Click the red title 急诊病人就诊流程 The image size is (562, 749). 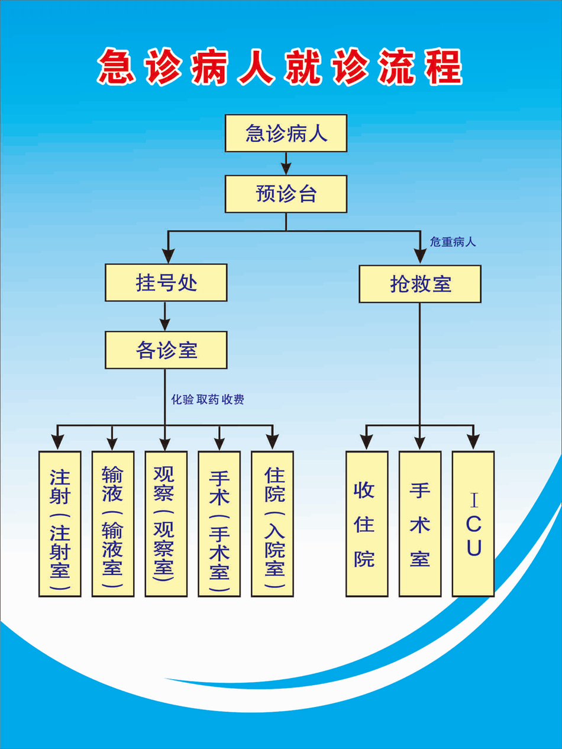point(279,67)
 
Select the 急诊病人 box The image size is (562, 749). point(286,133)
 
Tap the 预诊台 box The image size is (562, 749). point(286,194)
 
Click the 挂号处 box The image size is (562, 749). point(166,283)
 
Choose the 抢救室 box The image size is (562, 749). point(420,284)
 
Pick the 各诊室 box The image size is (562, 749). point(166,350)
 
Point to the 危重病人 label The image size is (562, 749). point(453,242)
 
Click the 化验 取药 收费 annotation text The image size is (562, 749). point(208,400)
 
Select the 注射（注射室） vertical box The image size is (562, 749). point(60,524)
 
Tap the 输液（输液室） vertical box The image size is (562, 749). point(113,524)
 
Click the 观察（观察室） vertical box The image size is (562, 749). point(166,524)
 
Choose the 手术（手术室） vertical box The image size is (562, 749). point(219,524)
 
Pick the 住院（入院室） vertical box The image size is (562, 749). point(273,524)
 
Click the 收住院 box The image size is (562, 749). point(367,524)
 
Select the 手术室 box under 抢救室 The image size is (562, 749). point(420,524)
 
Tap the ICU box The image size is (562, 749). point(473,524)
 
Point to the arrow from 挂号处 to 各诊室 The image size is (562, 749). point(165,317)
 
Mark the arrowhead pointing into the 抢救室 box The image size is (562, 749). point(420,256)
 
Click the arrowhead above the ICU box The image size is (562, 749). point(473,441)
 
